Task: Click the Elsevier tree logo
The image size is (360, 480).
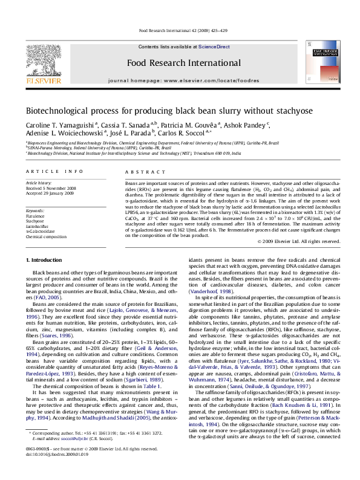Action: (x=41, y=56)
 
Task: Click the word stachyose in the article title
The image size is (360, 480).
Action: (x=280, y=112)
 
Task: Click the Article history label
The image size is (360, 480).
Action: (x=36, y=182)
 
